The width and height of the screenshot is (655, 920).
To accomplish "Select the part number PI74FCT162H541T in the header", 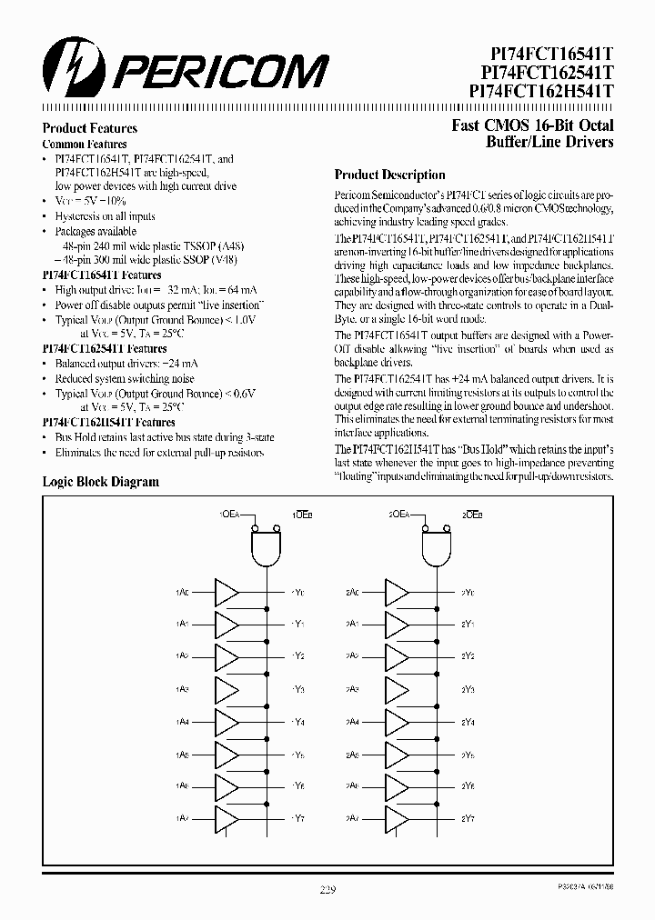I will pos(543,91).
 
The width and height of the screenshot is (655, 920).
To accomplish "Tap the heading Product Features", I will pos(90,128).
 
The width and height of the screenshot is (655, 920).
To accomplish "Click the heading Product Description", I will pos(389,175).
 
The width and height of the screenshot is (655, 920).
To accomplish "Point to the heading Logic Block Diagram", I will pos(101,482).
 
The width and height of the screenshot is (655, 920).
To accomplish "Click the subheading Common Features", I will pos(85,144).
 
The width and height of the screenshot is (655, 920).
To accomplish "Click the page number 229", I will pos(328,891).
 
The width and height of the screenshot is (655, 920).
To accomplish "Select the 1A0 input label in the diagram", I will pos(182,593).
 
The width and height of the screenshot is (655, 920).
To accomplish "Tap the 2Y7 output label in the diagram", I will pos(469,819).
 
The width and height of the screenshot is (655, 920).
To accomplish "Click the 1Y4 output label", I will pos(299,724).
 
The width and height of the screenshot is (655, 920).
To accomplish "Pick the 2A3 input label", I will pos(354,690).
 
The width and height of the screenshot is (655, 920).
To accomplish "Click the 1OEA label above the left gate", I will pos(228,515).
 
